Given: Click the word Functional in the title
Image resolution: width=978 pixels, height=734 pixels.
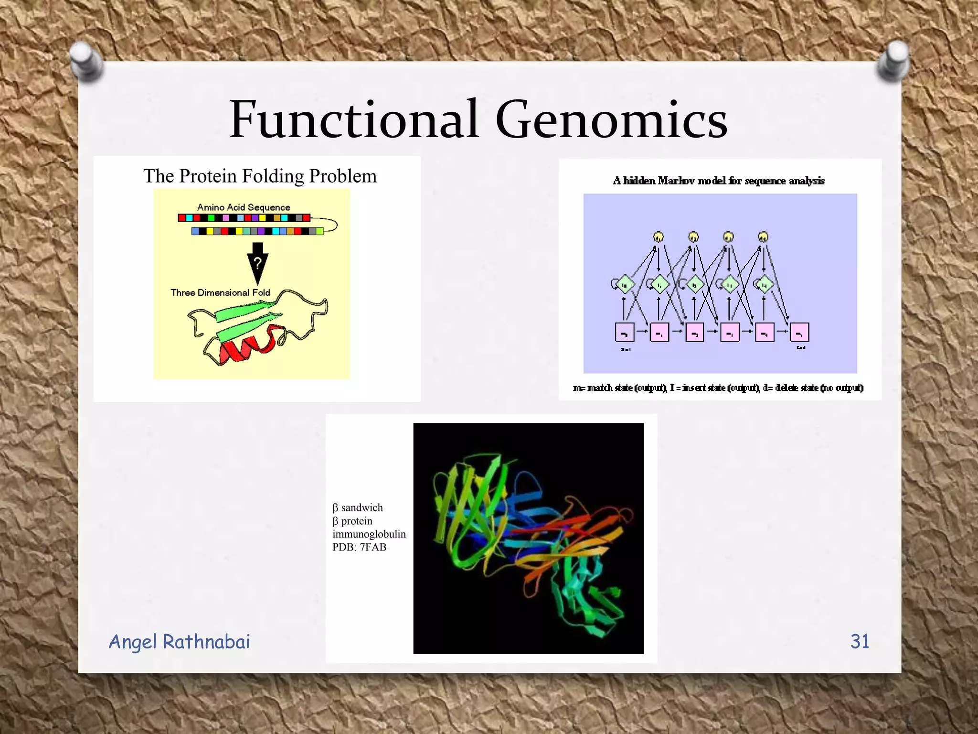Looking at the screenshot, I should pos(354,119).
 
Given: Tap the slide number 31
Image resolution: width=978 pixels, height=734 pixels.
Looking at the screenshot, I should pos(860,641).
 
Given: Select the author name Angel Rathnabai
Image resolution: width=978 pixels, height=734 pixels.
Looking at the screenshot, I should pos(179,642).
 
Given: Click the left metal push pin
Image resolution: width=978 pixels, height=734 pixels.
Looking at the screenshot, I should pos(86,61).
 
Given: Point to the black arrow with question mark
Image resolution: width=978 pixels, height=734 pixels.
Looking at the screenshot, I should pos(257,262).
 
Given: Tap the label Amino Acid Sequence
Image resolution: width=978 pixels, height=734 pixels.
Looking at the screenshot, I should pos(244,207).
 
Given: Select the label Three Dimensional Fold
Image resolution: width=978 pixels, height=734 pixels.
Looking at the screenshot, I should pos(220,292).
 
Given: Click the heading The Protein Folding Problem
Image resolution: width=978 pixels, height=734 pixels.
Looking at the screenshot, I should pos(260,176).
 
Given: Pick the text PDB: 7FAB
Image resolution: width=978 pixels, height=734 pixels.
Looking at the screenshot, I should pos(359,547).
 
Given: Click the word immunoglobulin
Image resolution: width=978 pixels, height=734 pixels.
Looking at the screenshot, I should pos(369,534).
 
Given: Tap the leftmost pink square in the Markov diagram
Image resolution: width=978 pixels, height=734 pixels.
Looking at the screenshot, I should pos(625,332).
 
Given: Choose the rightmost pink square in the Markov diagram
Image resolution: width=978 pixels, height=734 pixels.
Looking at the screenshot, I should pos(799,332).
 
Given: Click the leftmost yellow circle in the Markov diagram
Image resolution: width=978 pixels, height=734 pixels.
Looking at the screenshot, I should pos(659,237).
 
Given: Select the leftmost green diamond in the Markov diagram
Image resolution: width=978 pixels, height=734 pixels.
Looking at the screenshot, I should pos(625,285).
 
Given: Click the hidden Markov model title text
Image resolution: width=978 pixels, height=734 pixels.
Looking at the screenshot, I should pos(719,181).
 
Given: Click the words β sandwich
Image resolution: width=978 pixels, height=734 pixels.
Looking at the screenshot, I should pos(358,507).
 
